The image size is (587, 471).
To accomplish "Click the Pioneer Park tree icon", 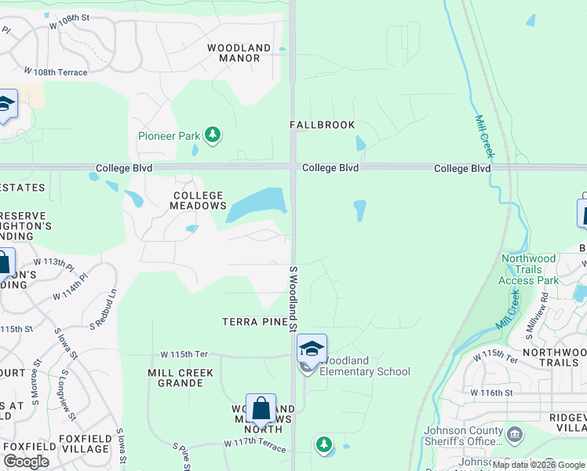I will point(212,135).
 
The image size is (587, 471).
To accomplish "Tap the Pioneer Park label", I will point(169,136).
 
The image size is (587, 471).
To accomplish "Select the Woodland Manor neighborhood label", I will point(239,53).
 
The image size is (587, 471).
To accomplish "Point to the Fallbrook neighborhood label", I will point(322,125).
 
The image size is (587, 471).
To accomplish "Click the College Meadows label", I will point(199,200).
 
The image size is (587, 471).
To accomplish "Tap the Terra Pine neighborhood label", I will point(250,322).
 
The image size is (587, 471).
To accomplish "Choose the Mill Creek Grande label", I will point(180,378).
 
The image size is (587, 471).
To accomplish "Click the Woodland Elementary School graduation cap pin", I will point(312,349).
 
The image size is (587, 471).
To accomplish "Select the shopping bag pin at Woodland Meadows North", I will point(261,409).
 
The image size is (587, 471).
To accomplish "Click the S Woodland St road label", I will point(294,298).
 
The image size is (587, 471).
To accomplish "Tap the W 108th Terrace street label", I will point(55,72).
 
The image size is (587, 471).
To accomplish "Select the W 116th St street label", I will point(491,392).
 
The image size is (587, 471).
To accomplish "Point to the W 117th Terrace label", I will point(255,444).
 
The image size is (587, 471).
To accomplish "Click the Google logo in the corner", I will point(27,462).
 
